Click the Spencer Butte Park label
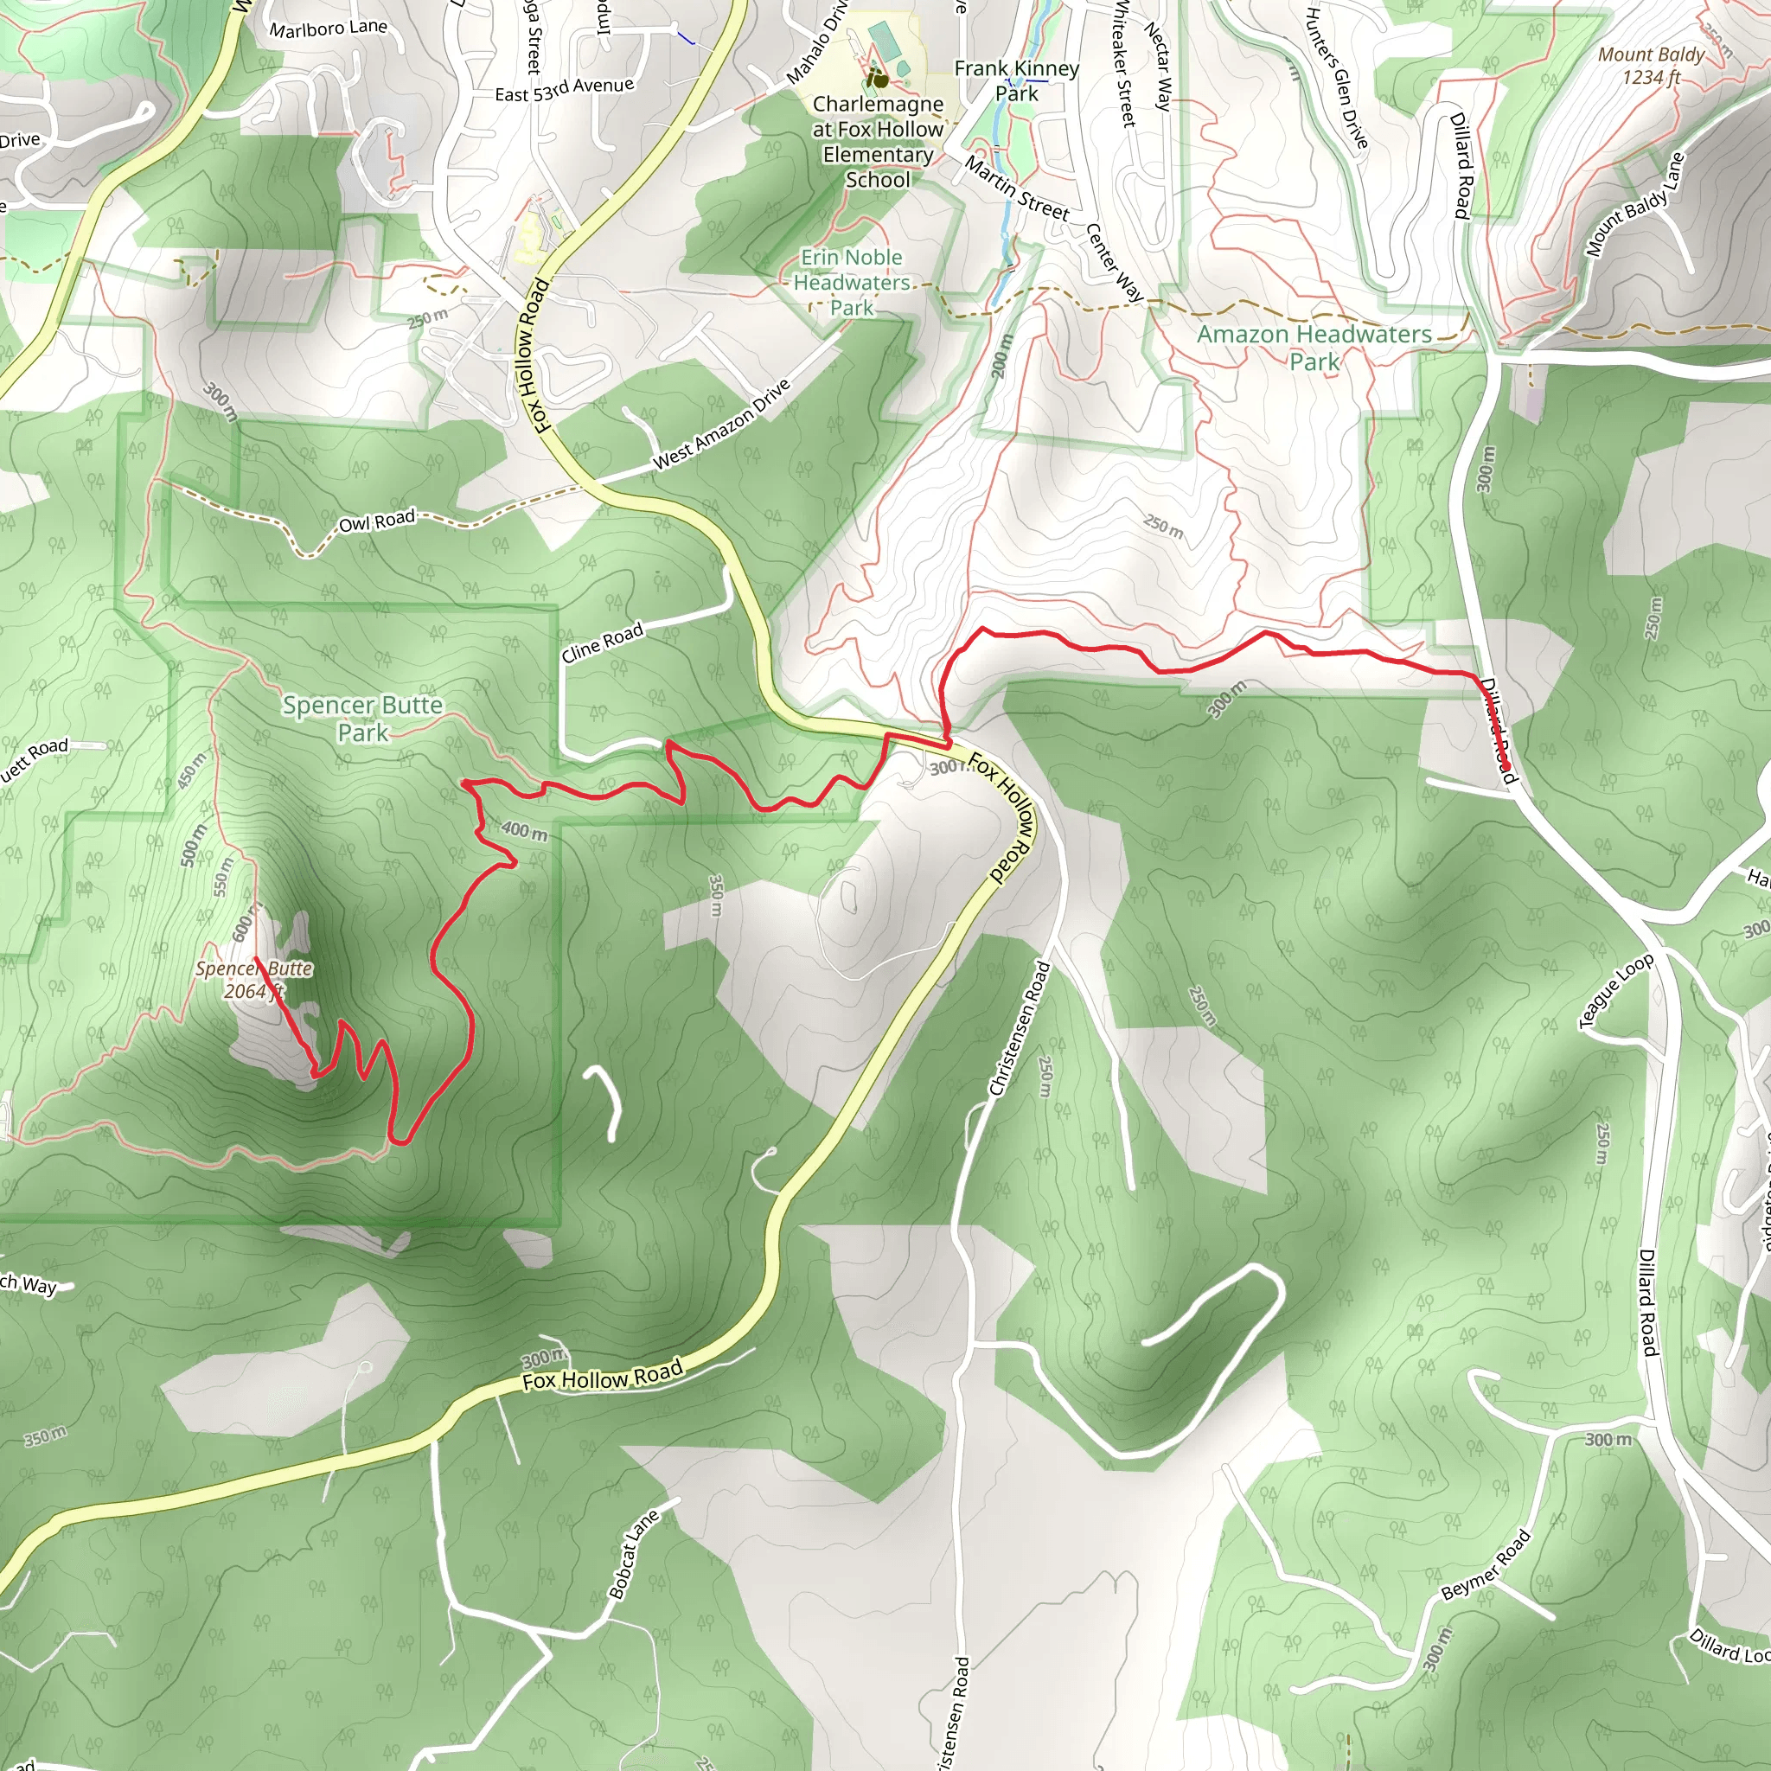coord(362,718)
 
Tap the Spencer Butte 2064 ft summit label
coord(254,979)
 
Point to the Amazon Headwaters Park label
coord(1314,348)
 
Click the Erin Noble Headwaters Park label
coord(852,282)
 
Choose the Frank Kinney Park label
coord(1017,80)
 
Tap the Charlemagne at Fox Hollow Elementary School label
coord(877,142)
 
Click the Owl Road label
coord(377,521)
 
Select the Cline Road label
coord(602,642)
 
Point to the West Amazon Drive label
coord(721,425)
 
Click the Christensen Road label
coord(1020,1027)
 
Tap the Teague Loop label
coord(1616,991)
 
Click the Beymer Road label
coord(1485,1563)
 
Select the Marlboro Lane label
coord(328,29)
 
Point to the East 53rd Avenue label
coord(564,90)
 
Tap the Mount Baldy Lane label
coord(1635,204)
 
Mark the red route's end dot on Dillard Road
coord(1506,767)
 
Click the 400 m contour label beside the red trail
coord(524,830)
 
